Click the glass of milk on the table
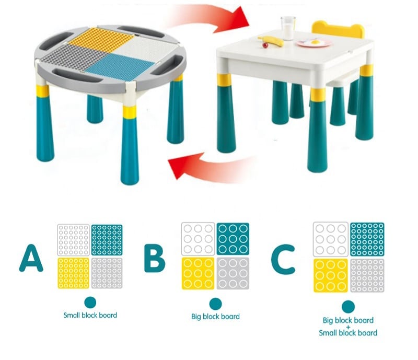click(288, 28)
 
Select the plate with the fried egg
click(314, 43)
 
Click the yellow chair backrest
click(338, 29)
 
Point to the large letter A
click(31, 258)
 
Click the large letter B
click(155, 258)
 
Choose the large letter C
click(283, 259)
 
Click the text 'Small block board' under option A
click(90, 315)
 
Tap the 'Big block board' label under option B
click(215, 317)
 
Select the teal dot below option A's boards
click(90, 303)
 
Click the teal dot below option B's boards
click(215, 304)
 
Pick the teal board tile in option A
click(107, 240)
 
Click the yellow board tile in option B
click(198, 273)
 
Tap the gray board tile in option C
click(367, 275)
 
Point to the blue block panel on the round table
click(120, 64)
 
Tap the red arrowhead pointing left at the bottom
click(184, 164)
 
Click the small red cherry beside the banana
click(265, 45)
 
